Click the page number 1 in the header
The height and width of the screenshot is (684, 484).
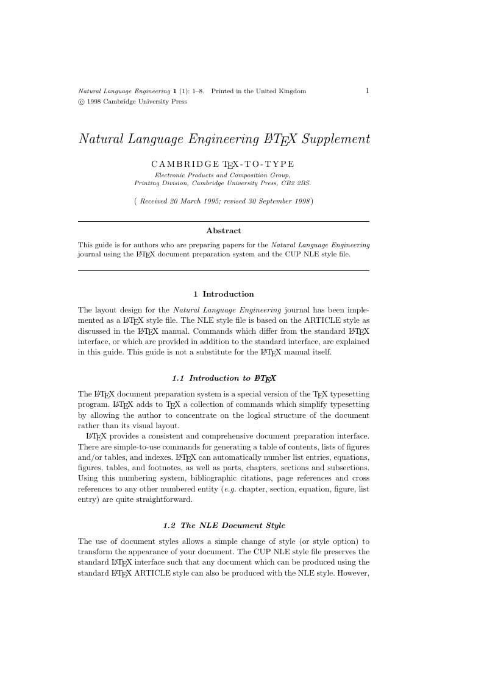tap(367, 91)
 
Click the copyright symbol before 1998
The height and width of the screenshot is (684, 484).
tap(81, 102)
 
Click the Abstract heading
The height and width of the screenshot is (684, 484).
tap(224, 231)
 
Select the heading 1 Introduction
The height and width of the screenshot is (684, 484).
tap(224, 294)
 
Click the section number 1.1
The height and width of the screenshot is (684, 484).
tap(178, 378)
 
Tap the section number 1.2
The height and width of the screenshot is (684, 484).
tap(169, 526)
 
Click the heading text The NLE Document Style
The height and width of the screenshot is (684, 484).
tap(233, 526)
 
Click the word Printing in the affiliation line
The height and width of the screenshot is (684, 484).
tap(147, 183)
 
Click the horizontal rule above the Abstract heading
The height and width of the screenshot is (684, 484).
tap(224, 221)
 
